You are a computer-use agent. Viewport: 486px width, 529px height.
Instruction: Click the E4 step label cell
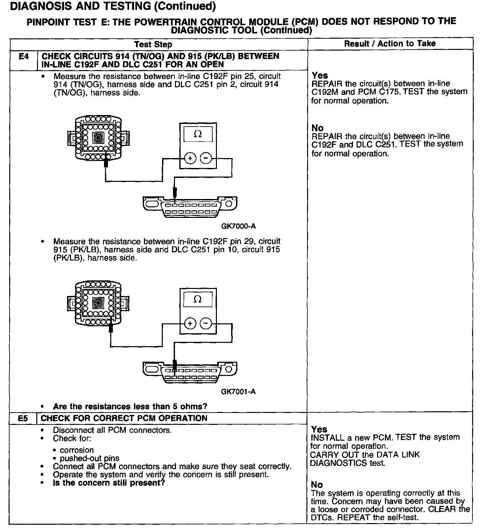point(24,57)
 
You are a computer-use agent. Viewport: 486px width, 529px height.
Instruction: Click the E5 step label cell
point(23,418)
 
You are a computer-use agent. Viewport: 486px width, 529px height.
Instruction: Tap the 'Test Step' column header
point(153,44)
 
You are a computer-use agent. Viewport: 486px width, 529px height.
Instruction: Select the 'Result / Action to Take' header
point(390,44)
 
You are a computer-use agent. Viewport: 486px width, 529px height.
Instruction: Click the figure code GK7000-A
point(238,226)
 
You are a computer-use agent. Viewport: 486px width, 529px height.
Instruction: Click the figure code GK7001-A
point(238,392)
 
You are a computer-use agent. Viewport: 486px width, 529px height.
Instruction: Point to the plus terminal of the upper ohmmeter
point(190,159)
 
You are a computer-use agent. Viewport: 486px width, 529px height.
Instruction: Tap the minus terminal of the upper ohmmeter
point(206,159)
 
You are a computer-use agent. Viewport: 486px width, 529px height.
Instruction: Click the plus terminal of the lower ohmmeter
point(190,323)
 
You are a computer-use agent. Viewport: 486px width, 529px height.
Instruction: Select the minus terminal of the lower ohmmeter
point(206,323)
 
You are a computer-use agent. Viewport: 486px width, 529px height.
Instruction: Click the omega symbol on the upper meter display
point(198,134)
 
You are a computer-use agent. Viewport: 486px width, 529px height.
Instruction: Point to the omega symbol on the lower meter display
point(198,299)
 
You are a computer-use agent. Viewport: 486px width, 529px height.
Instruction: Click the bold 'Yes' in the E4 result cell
point(320,75)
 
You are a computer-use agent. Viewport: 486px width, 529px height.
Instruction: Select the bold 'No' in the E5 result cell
point(317,485)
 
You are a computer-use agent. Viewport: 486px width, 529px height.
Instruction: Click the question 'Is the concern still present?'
point(109,483)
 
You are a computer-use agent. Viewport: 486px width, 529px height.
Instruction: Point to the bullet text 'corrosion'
point(77,450)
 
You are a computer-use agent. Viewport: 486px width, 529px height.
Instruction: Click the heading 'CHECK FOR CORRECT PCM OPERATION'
point(124,418)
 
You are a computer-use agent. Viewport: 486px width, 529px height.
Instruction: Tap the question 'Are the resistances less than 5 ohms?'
point(130,406)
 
